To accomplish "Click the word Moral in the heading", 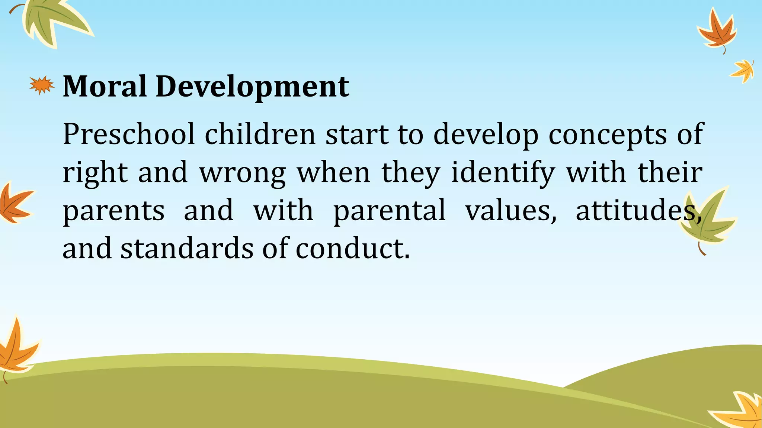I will click(x=105, y=86).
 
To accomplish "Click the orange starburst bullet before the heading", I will click(x=42, y=85).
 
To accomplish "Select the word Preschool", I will click(x=129, y=134).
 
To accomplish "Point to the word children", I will click(x=260, y=134).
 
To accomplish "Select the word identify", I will click(x=503, y=173).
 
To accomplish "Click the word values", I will click(x=511, y=210).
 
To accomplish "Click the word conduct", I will click(x=352, y=249).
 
